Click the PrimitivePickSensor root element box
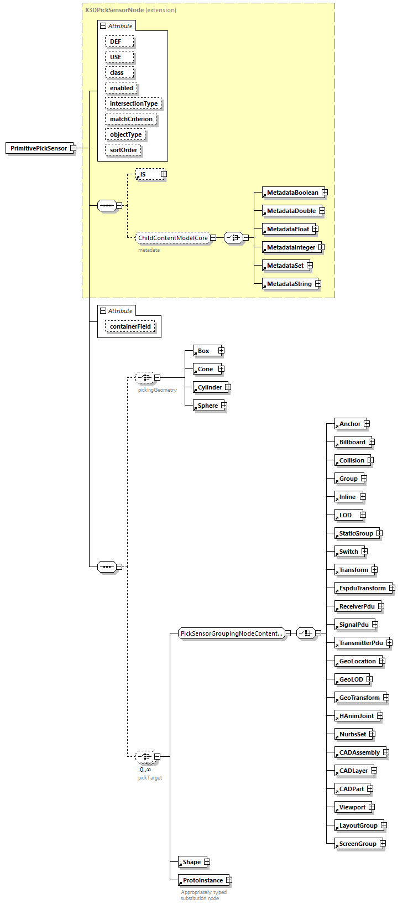pyautogui.click(x=39, y=148)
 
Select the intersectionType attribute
pyautogui.click(x=133, y=103)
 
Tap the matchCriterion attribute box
pyautogui.click(x=131, y=119)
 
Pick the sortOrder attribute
pyautogui.click(x=123, y=150)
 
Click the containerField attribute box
pyautogui.click(x=130, y=326)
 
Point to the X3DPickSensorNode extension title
pyautogui.click(x=130, y=10)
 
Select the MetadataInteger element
pyautogui.click(x=290, y=247)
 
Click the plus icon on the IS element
pyautogui.click(x=164, y=174)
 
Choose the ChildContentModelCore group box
pyautogui.click(x=172, y=238)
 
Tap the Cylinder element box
pyautogui.click(x=210, y=387)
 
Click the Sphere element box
pyautogui.click(x=207, y=406)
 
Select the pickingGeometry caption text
pyautogui.click(x=157, y=390)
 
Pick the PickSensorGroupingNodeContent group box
pyautogui.click(x=231, y=633)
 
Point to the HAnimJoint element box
pyautogui.click(x=356, y=716)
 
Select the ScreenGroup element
pyautogui.click(x=357, y=844)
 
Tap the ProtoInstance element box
pyautogui.click(x=202, y=880)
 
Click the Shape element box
pyautogui.click(x=191, y=862)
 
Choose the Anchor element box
pyautogui.click(x=349, y=424)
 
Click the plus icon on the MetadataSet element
pyautogui.click(x=310, y=266)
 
